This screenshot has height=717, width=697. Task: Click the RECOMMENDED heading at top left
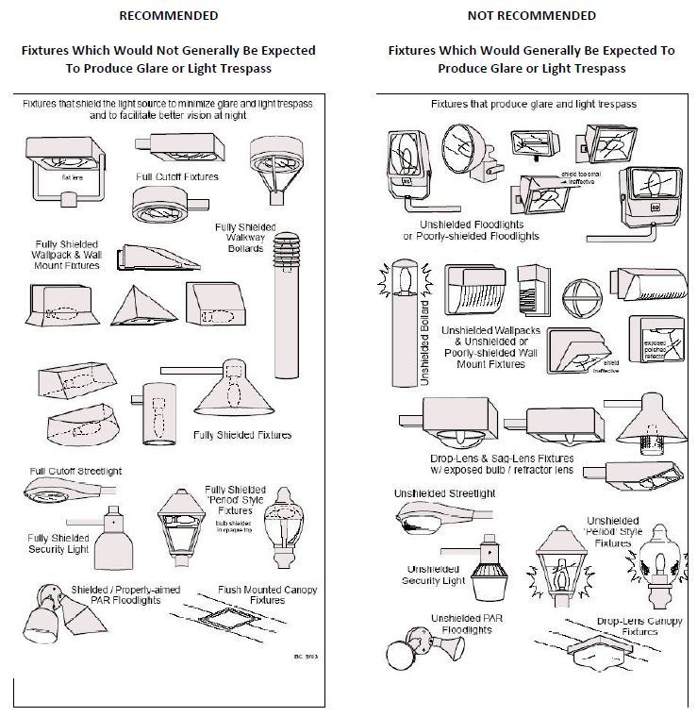[169, 15]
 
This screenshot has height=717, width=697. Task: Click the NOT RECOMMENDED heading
[532, 15]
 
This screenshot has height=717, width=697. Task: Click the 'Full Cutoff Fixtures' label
[176, 176]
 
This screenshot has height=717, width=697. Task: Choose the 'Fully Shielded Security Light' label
[58, 542]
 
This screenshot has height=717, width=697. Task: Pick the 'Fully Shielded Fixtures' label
[242, 435]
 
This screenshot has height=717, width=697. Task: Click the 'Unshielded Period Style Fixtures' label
[614, 531]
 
